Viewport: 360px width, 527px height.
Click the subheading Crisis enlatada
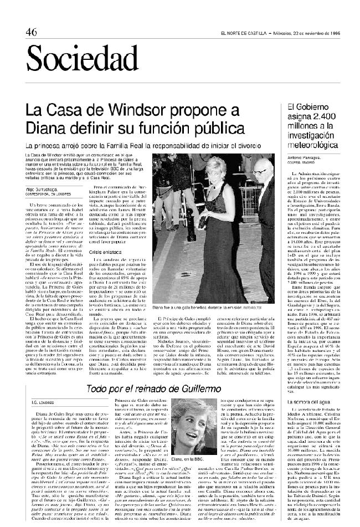(104, 236)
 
